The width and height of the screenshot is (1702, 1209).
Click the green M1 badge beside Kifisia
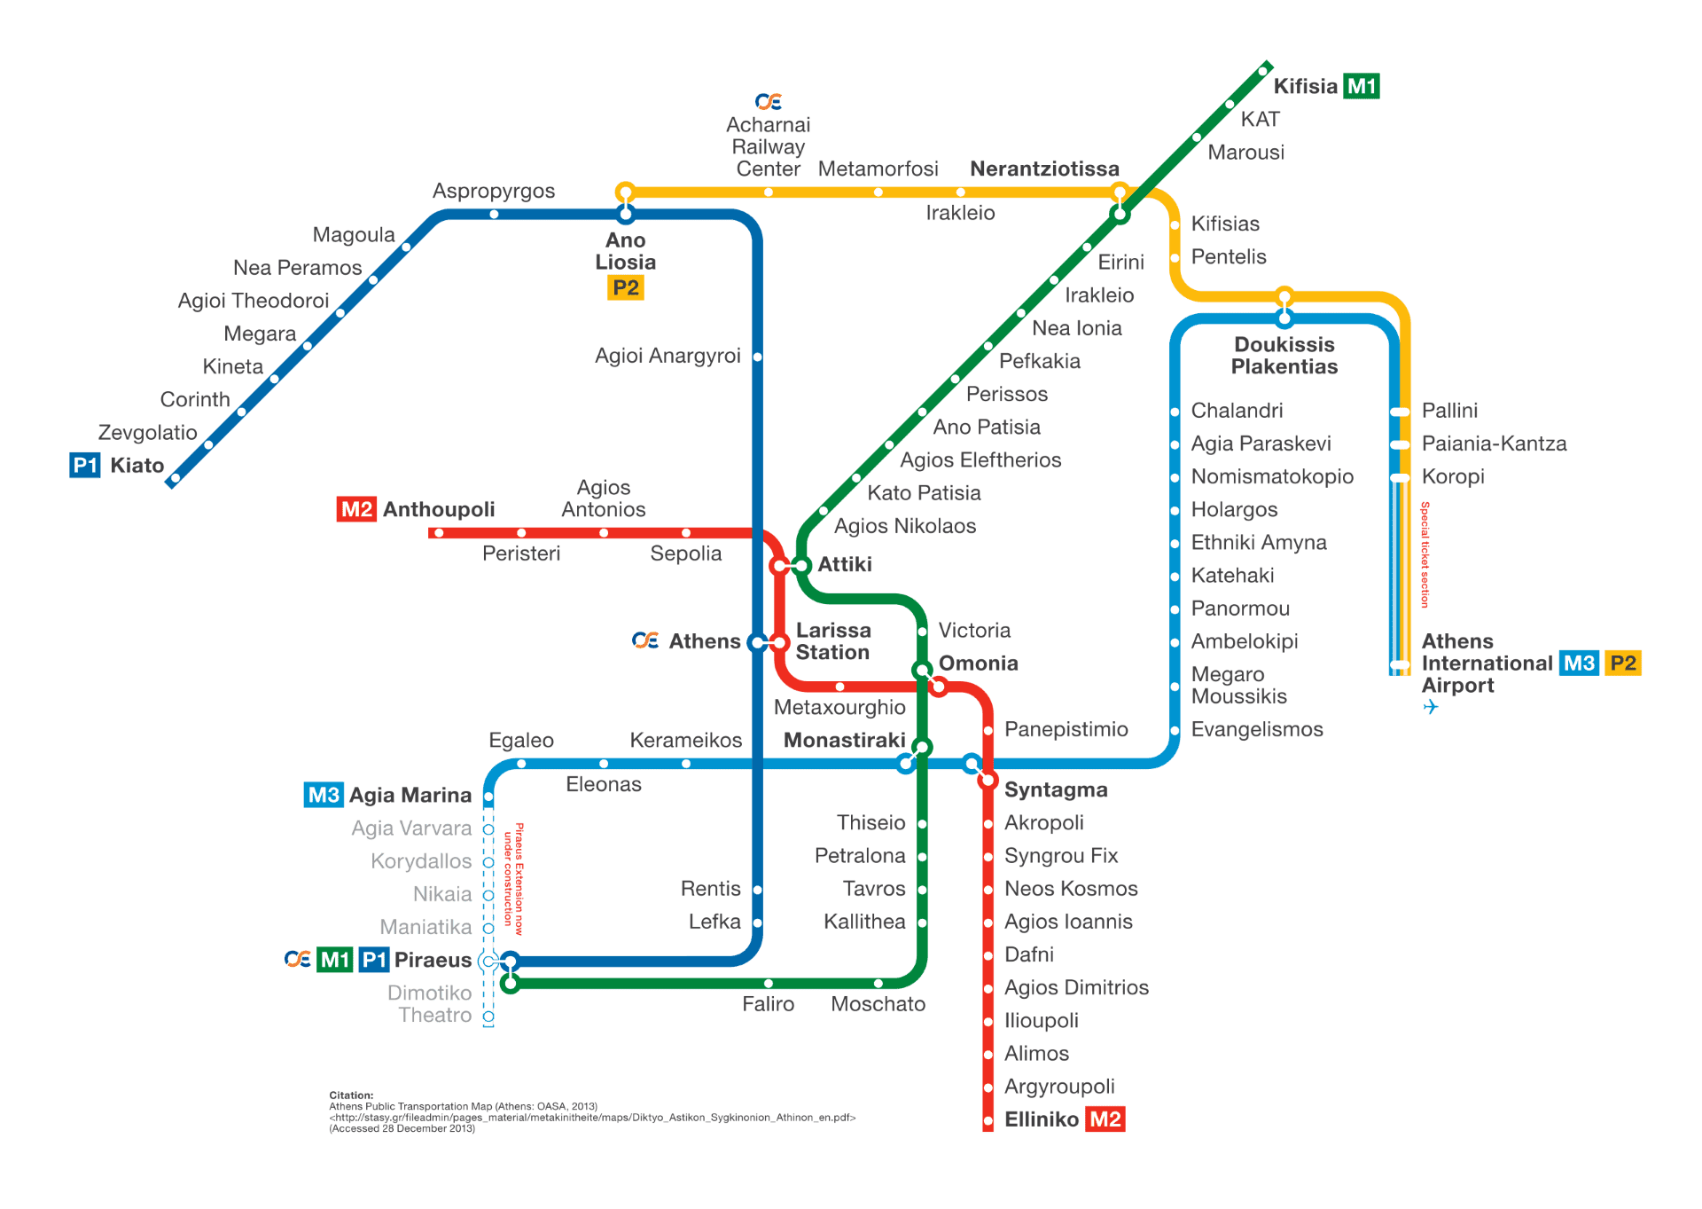pos(1361,86)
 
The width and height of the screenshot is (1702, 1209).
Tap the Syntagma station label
pos(1055,790)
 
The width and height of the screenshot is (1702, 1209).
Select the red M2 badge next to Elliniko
pos(1105,1119)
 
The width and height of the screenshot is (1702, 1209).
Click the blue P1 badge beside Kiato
pos(85,466)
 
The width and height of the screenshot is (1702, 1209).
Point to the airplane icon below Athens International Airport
pos(1430,708)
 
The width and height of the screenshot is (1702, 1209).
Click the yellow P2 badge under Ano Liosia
pos(625,288)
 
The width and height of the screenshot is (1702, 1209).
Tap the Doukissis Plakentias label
pos(1284,356)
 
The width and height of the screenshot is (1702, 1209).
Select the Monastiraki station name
pos(844,741)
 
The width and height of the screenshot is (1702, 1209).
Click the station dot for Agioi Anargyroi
pos(758,357)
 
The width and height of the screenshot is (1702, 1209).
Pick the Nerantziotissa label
pos(1043,169)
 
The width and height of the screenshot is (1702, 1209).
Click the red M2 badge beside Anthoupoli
pos(356,509)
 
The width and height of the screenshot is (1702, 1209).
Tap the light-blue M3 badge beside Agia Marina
pos(324,795)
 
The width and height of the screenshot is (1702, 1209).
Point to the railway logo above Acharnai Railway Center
pos(768,102)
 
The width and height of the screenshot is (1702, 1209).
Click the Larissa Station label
pos(832,641)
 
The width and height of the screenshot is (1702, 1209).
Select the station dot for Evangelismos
pos(1175,731)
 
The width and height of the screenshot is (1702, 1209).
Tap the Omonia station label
pos(978,663)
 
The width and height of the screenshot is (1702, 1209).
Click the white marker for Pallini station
pos(1400,412)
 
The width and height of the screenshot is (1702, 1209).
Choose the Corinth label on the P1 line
pos(194,400)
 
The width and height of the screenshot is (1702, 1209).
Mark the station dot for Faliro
pos(769,983)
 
